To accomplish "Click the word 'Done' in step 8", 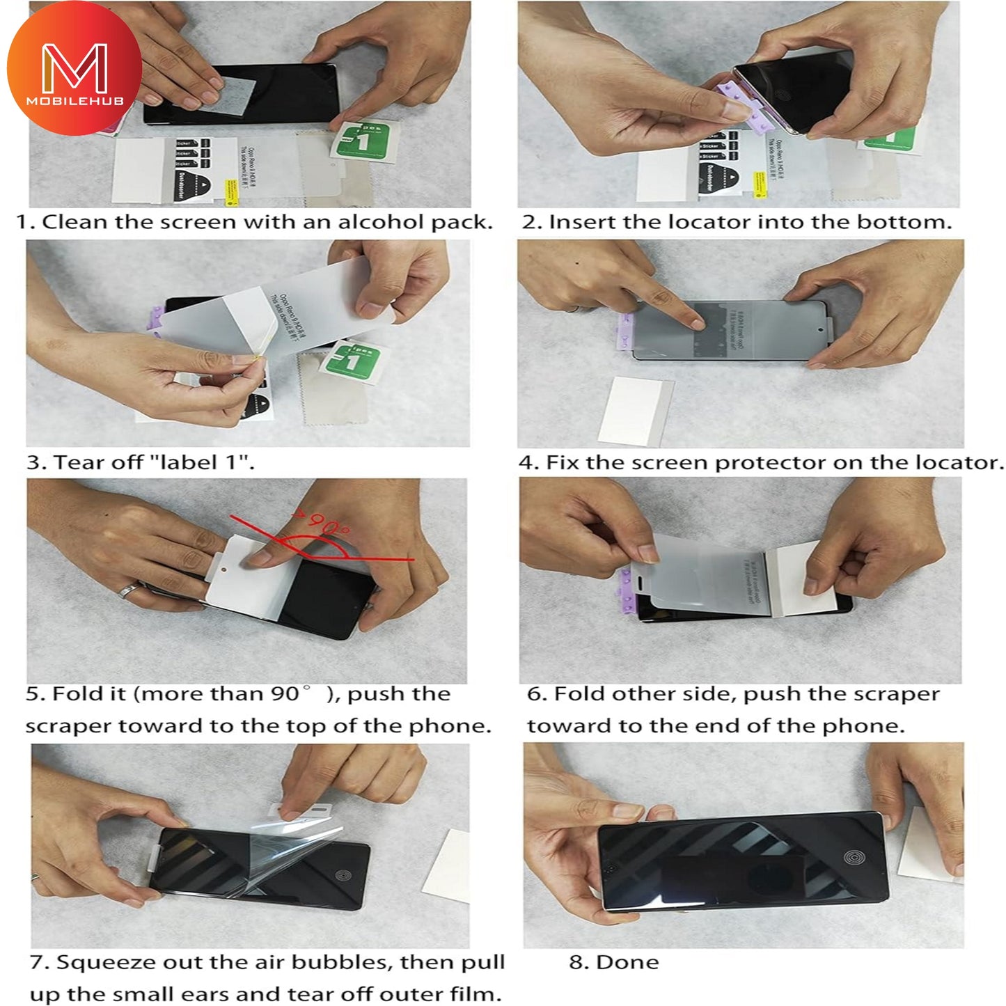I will point(627,962).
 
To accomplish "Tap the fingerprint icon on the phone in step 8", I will point(854,858).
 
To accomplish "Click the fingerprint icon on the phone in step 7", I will point(342,875).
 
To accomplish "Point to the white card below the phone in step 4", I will point(634,411).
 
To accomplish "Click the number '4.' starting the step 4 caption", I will point(528,463).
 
